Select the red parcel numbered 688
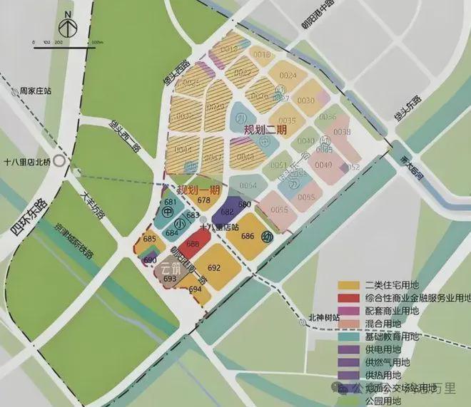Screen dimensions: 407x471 pyautogui.click(x=193, y=244)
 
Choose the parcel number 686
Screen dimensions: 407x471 pyautogui.click(x=248, y=236)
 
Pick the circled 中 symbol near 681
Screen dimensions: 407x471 pyautogui.click(x=170, y=212)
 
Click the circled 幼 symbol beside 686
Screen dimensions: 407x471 pyautogui.click(x=267, y=237)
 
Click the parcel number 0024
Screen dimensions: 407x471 pyautogui.click(x=288, y=75)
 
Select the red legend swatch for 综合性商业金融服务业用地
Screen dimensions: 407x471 pyautogui.click(x=350, y=298)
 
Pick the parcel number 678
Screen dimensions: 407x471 pyautogui.click(x=204, y=201)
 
